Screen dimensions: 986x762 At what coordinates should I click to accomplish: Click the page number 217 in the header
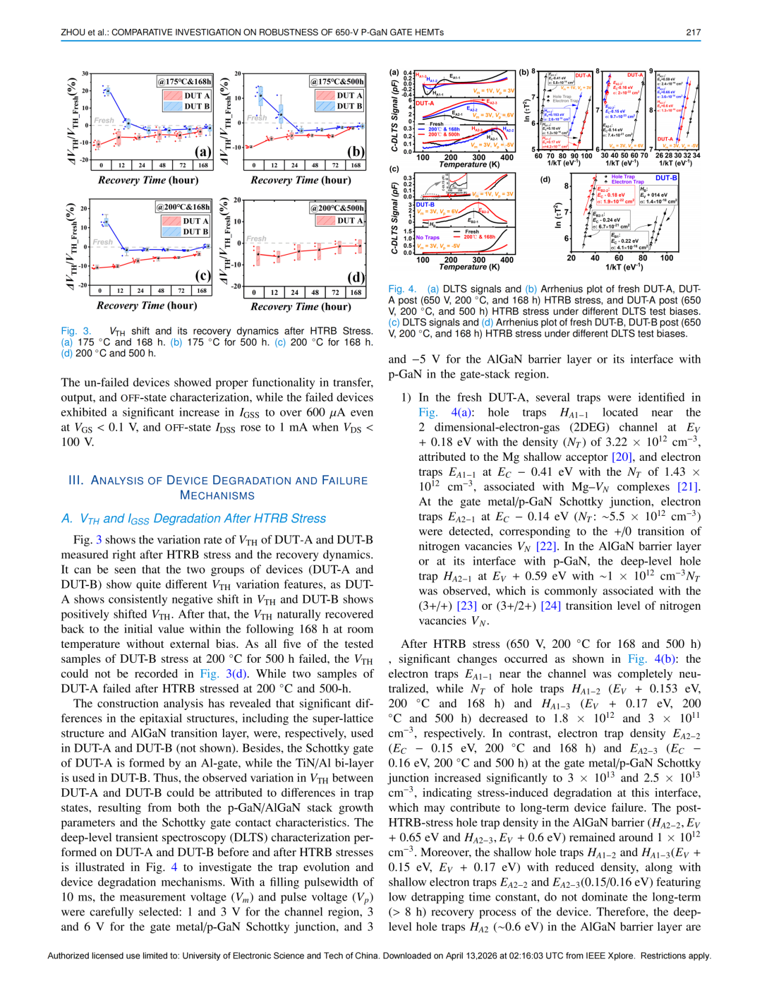tap(693, 32)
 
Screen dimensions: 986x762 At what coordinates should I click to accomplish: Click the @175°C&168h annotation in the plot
tap(184, 82)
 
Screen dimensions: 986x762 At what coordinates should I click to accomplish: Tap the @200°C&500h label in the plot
tap(337, 208)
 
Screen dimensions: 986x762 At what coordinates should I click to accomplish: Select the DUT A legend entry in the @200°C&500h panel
tap(349, 221)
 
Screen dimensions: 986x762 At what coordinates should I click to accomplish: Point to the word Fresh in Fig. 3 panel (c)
tap(103, 242)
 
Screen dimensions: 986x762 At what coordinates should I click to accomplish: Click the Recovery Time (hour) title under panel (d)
tap(301, 306)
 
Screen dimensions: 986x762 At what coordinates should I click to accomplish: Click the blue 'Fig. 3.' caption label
tap(76, 331)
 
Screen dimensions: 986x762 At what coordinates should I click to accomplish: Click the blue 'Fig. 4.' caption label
tap(403, 289)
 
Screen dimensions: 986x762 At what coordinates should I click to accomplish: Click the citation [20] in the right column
tap(622, 457)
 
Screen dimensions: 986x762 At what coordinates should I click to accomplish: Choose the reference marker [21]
tap(688, 487)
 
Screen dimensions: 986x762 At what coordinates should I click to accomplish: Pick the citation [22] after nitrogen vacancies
tap(546, 546)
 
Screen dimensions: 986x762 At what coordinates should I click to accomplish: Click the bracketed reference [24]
tap(550, 606)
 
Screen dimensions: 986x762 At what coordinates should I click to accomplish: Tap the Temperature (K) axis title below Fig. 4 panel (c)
tap(469, 267)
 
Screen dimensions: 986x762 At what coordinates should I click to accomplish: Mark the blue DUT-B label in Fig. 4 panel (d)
tap(666, 178)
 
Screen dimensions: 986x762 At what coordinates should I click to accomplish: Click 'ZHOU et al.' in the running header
tap(84, 32)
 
